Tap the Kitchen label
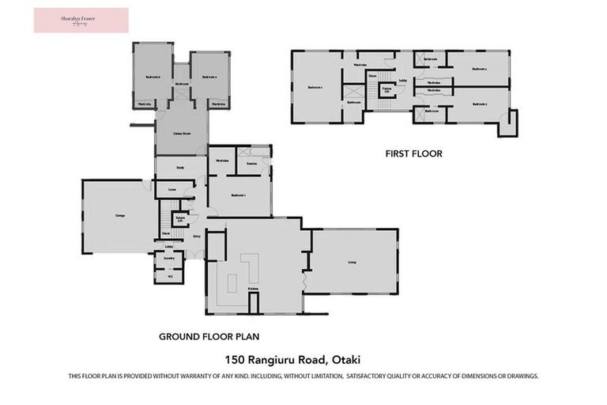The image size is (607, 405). coord(253,290)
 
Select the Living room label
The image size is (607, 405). coord(352,262)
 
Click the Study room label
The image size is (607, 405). coord(180,167)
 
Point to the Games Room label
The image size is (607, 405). coord(181,134)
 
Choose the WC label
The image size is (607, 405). coord(169,276)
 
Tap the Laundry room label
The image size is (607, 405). coord(168,259)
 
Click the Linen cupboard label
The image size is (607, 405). coord(172,190)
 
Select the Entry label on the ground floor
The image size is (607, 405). coord(197,236)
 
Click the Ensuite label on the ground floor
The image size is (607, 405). coord(251,164)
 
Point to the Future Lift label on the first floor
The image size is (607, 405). coord(386,89)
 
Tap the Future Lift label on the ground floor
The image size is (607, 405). coord(181,218)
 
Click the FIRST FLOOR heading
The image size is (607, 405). coord(413,153)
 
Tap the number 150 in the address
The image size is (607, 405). coord(236,358)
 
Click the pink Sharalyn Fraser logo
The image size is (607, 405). coord(81,20)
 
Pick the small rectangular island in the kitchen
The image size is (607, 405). coord(233,280)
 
